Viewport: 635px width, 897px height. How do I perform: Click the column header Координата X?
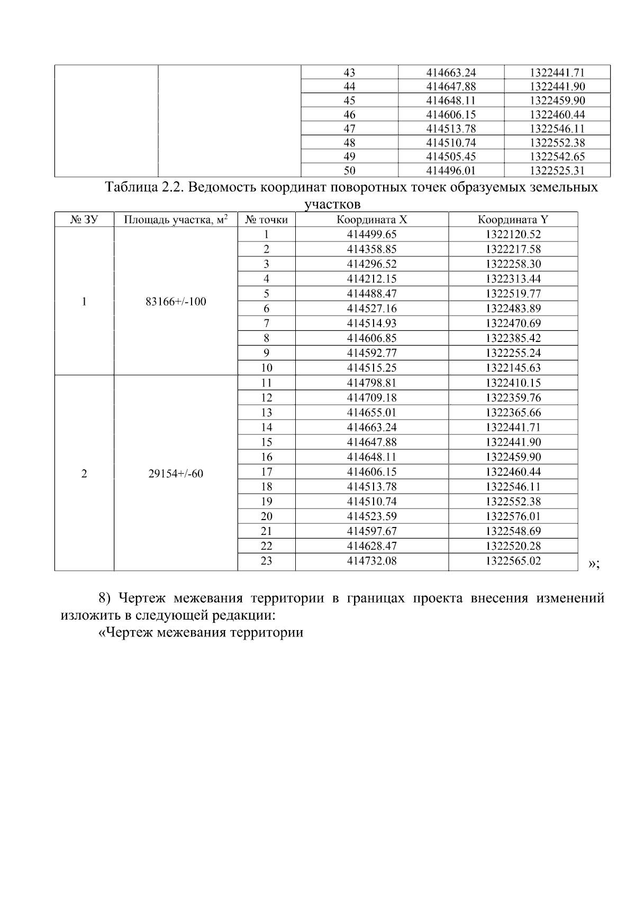click(371, 220)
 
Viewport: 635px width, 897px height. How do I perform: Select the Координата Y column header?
click(513, 220)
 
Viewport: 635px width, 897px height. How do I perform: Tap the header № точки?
click(266, 220)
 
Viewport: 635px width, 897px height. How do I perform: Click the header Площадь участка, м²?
click(176, 220)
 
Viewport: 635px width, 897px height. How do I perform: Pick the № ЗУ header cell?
click(84, 220)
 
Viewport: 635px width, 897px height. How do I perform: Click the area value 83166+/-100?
click(176, 302)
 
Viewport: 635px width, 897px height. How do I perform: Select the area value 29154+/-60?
click(176, 474)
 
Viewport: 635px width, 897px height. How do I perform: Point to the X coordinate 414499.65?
click(371, 235)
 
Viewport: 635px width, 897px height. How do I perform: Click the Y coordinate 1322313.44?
click(513, 279)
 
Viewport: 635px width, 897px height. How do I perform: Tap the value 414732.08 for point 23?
click(371, 561)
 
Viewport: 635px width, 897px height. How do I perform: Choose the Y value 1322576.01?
click(513, 516)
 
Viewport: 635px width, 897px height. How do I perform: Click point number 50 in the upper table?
click(349, 171)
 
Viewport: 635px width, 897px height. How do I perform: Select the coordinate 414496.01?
click(451, 171)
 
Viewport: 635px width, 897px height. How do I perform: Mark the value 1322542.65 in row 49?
click(557, 156)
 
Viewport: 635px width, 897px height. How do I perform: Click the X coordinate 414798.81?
click(371, 383)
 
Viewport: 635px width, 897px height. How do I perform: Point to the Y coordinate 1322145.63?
click(513, 368)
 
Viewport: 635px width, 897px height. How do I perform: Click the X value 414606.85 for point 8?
click(371, 338)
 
